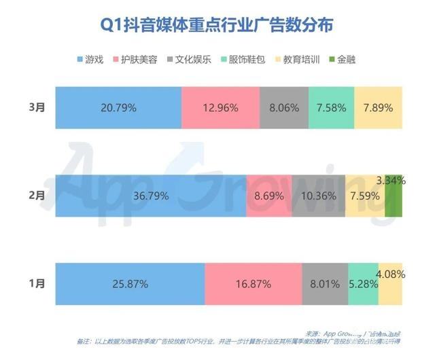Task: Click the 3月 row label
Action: [38, 107]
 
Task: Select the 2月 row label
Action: [38, 196]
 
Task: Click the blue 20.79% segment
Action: [118, 107]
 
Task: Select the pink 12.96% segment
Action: [220, 107]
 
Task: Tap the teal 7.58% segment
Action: [331, 107]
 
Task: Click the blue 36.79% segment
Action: [150, 196]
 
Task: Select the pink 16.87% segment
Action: [252, 284]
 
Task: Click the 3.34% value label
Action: [390, 181]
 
